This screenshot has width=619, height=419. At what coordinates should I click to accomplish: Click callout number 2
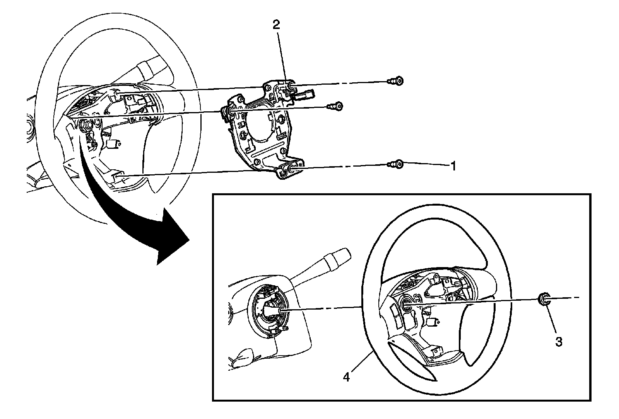(276, 25)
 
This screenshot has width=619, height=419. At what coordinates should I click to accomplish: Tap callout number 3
(559, 341)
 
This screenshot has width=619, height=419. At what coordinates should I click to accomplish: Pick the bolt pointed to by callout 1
(396, 164)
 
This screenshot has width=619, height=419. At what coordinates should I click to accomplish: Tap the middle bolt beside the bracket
(335, 106)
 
